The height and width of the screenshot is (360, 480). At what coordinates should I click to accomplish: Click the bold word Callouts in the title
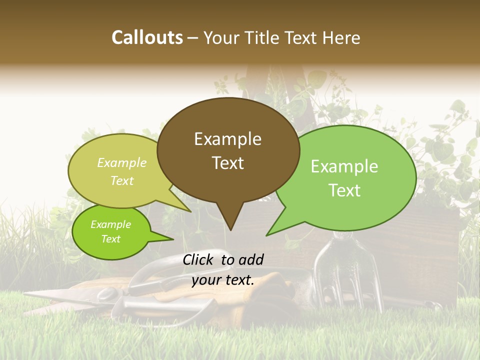click(147, 37)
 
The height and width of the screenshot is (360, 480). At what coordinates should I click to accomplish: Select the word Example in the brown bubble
click(227, 139)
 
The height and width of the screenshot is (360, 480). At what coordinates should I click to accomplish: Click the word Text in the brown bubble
click(227, 162)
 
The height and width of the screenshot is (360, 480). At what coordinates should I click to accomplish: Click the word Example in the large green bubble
click(344, 166)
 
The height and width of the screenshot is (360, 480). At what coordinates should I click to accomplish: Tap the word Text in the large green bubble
click(344, 190)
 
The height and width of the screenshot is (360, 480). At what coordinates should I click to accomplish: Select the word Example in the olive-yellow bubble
click(122, 162)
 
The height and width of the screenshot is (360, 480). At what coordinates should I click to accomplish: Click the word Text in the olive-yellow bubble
click(122, 180)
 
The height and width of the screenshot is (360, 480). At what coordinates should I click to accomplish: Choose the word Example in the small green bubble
click(110, 224)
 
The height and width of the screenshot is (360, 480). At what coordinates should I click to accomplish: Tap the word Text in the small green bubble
click(110, 239)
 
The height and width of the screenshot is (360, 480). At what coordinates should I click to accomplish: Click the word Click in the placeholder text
click(199, 259)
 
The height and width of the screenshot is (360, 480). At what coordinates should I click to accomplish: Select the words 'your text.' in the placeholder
click(223, 280)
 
